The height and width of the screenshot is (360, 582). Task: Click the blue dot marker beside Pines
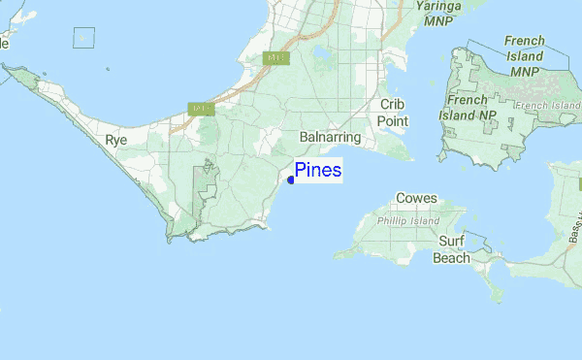pyautogui.click(x=291, y=180)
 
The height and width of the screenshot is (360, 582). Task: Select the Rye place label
pyautogui.click(x=116, y=141)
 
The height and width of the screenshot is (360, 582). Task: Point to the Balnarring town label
pyautogui.click(x=331, y=138)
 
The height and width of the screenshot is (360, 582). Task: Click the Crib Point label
pyautogui.click(x=393, y=113)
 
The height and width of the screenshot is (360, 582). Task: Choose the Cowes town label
pyautogui.click(x=416, y=199)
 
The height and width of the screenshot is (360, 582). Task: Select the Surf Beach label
pyautogui.click(x=452, y=249)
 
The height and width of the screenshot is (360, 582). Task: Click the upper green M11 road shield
pyautogui.click(x=276, y=58)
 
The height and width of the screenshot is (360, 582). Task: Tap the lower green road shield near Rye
pyautogui.click(x=202, y=109)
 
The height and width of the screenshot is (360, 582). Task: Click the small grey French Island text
pyautogui.click(x=548, y=105)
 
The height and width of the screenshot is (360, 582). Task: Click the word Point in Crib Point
pyautogui.click(x=393, y=121)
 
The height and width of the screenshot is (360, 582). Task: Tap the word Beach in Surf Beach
pyautogui.click(x=452, y=258)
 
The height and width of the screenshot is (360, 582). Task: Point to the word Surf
pyautogui.click(x=451, y=241)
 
